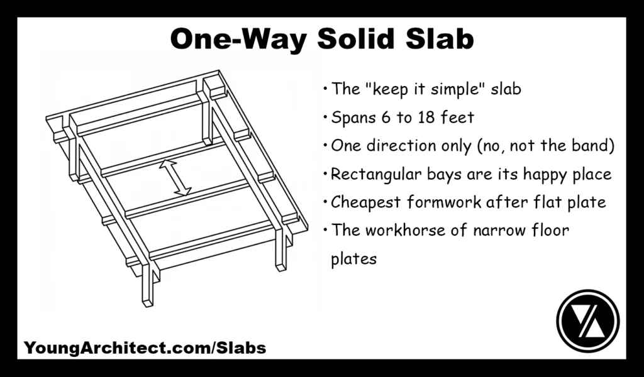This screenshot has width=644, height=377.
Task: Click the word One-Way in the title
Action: point(240,40)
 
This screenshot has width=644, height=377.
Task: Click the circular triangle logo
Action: point(588,320)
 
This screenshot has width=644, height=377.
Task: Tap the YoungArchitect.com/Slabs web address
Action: point(145,347)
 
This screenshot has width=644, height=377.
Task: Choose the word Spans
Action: point(350,117)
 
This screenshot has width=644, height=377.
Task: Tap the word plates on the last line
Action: point(353,259)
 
